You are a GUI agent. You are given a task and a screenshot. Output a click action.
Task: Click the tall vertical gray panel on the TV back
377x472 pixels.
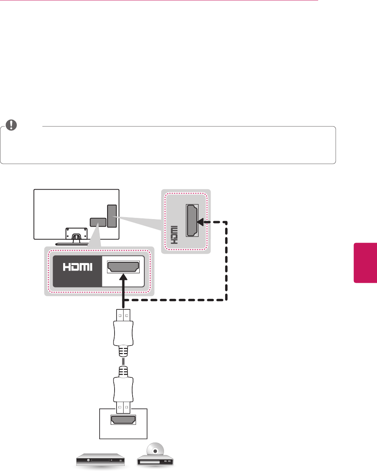pyautogui.click(x=112, y=216)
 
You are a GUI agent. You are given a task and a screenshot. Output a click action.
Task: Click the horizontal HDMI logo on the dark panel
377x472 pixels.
pyautogui.click(x=78, y=267)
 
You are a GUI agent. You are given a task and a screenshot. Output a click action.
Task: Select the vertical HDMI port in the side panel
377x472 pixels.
pyautogui.click(x=192, y=220)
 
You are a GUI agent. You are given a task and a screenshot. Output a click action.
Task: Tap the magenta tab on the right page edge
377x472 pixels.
pyautogui.click(x=365, y=262)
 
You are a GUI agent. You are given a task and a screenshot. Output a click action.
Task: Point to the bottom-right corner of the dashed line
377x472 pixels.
pyautogui.click(x=226, y=300)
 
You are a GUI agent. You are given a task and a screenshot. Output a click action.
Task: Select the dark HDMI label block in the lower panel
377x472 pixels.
pyautogui.click(x=77, y=271)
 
